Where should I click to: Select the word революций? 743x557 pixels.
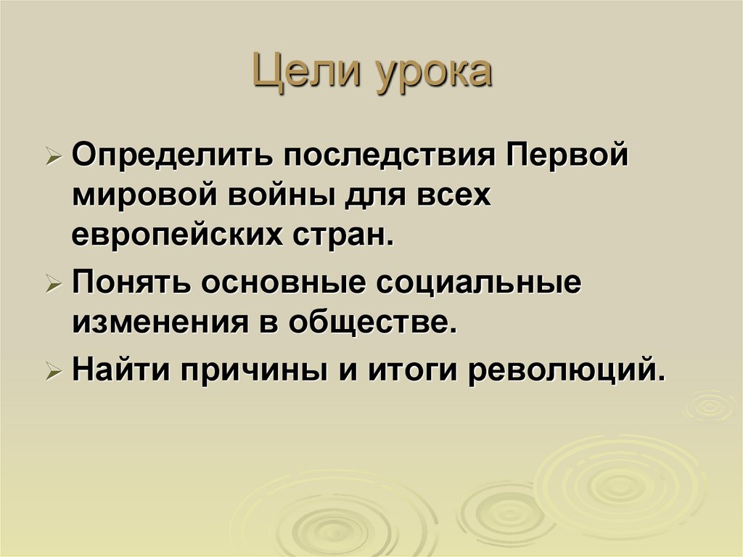tap(566, 372)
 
